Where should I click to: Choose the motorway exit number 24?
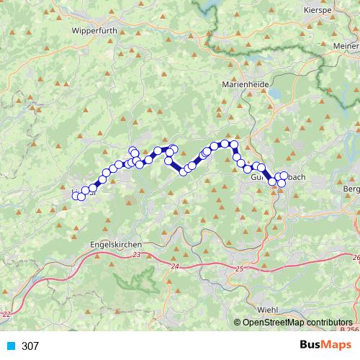tap(175, 267)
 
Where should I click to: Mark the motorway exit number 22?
tap(7, 315)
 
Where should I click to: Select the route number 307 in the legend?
tap(30, 346)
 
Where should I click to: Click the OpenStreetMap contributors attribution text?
tap(297, 323)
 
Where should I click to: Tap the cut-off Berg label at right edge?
tap(352, 189)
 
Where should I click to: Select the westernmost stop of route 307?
tap(76, 196)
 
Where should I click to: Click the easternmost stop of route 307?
tap(284, 176)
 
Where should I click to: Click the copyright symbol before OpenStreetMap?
tap(238, 323)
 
